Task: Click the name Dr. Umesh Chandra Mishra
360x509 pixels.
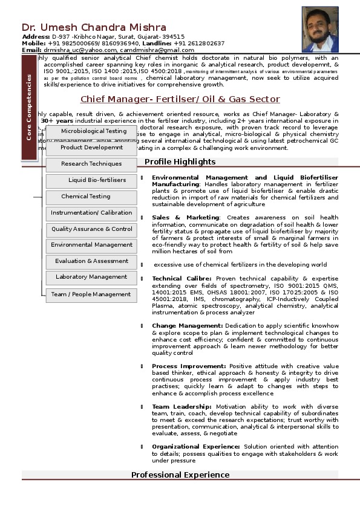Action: [94, 27]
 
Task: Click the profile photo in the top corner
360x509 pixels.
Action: [320, 33]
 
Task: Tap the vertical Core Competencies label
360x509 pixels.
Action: [28, 108]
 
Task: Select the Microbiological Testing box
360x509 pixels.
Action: [93, 131]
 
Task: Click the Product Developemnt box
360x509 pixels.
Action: [91, 148]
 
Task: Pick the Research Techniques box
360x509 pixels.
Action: [91, 164]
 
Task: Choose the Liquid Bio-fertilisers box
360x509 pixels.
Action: [97, 180]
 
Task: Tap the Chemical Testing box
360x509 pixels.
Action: [86, 196]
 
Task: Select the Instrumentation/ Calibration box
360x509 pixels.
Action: [91, 213]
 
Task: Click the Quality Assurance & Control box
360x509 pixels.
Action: [91, 229]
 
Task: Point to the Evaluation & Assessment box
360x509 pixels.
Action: [91, 261]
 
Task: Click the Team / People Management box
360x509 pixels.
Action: [91, 294]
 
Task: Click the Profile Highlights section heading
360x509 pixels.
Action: [180, 161]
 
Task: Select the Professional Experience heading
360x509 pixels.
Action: [180, 475]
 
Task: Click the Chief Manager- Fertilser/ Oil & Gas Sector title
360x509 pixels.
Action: [180, 99]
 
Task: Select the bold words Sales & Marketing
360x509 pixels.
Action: [185, 217]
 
